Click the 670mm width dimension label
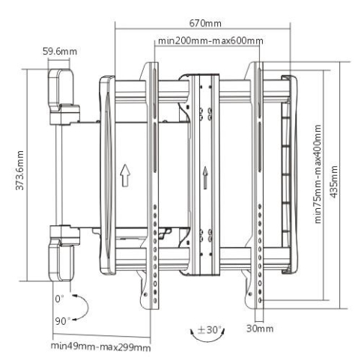click(x=205, y=23)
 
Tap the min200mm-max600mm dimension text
click(x=210, y=40)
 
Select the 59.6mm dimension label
click(x=60, y=52)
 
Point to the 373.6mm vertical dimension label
click(x=19, y=171)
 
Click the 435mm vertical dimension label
click(x=334, y=182)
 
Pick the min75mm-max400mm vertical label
click(x=318, y=174)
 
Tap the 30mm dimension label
click(x=260, y=329)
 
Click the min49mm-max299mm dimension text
click(x=100, y=347)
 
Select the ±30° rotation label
click(x=209, y=330)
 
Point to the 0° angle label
click(x=59, y=299)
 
